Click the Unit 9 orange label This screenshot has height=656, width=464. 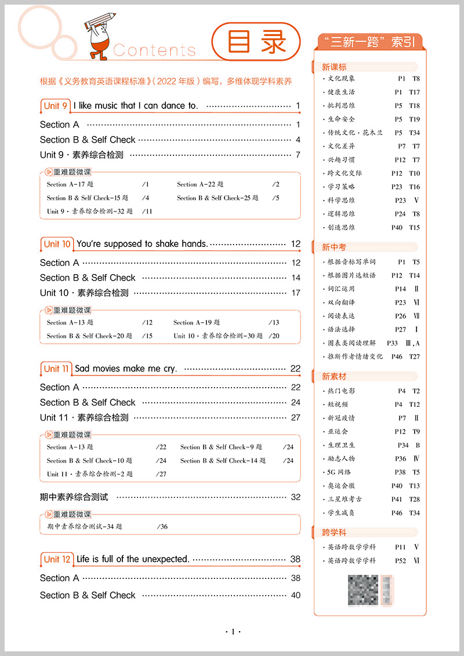click(x=56, y=105)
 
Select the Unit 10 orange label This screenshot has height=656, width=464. click(x=57, y=244)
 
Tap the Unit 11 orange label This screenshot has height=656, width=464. click(x=56, y=369)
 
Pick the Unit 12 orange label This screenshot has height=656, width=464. click(x=57, y=559)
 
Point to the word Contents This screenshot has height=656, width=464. click(x=154, y=50)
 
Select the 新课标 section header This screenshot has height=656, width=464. click(x=335, y=67)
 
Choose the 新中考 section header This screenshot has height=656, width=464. click(x=335, y=247)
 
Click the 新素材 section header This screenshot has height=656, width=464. click(x=335, y=377)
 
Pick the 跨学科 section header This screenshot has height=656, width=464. click(x=335, y=533)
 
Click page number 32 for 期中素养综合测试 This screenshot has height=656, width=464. click(x=296, y=497)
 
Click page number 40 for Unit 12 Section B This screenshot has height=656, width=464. click(x=296, y=595)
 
